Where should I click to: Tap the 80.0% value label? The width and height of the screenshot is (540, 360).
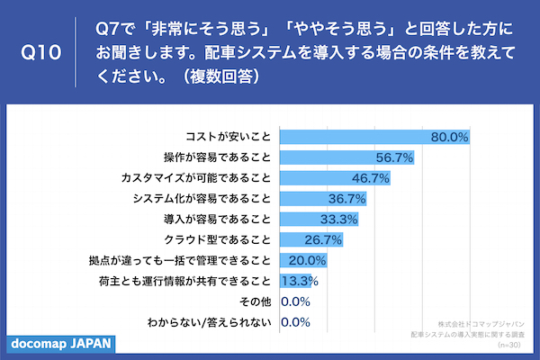tap(450, 137)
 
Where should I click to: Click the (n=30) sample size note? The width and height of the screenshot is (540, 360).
tap(509, 346)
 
